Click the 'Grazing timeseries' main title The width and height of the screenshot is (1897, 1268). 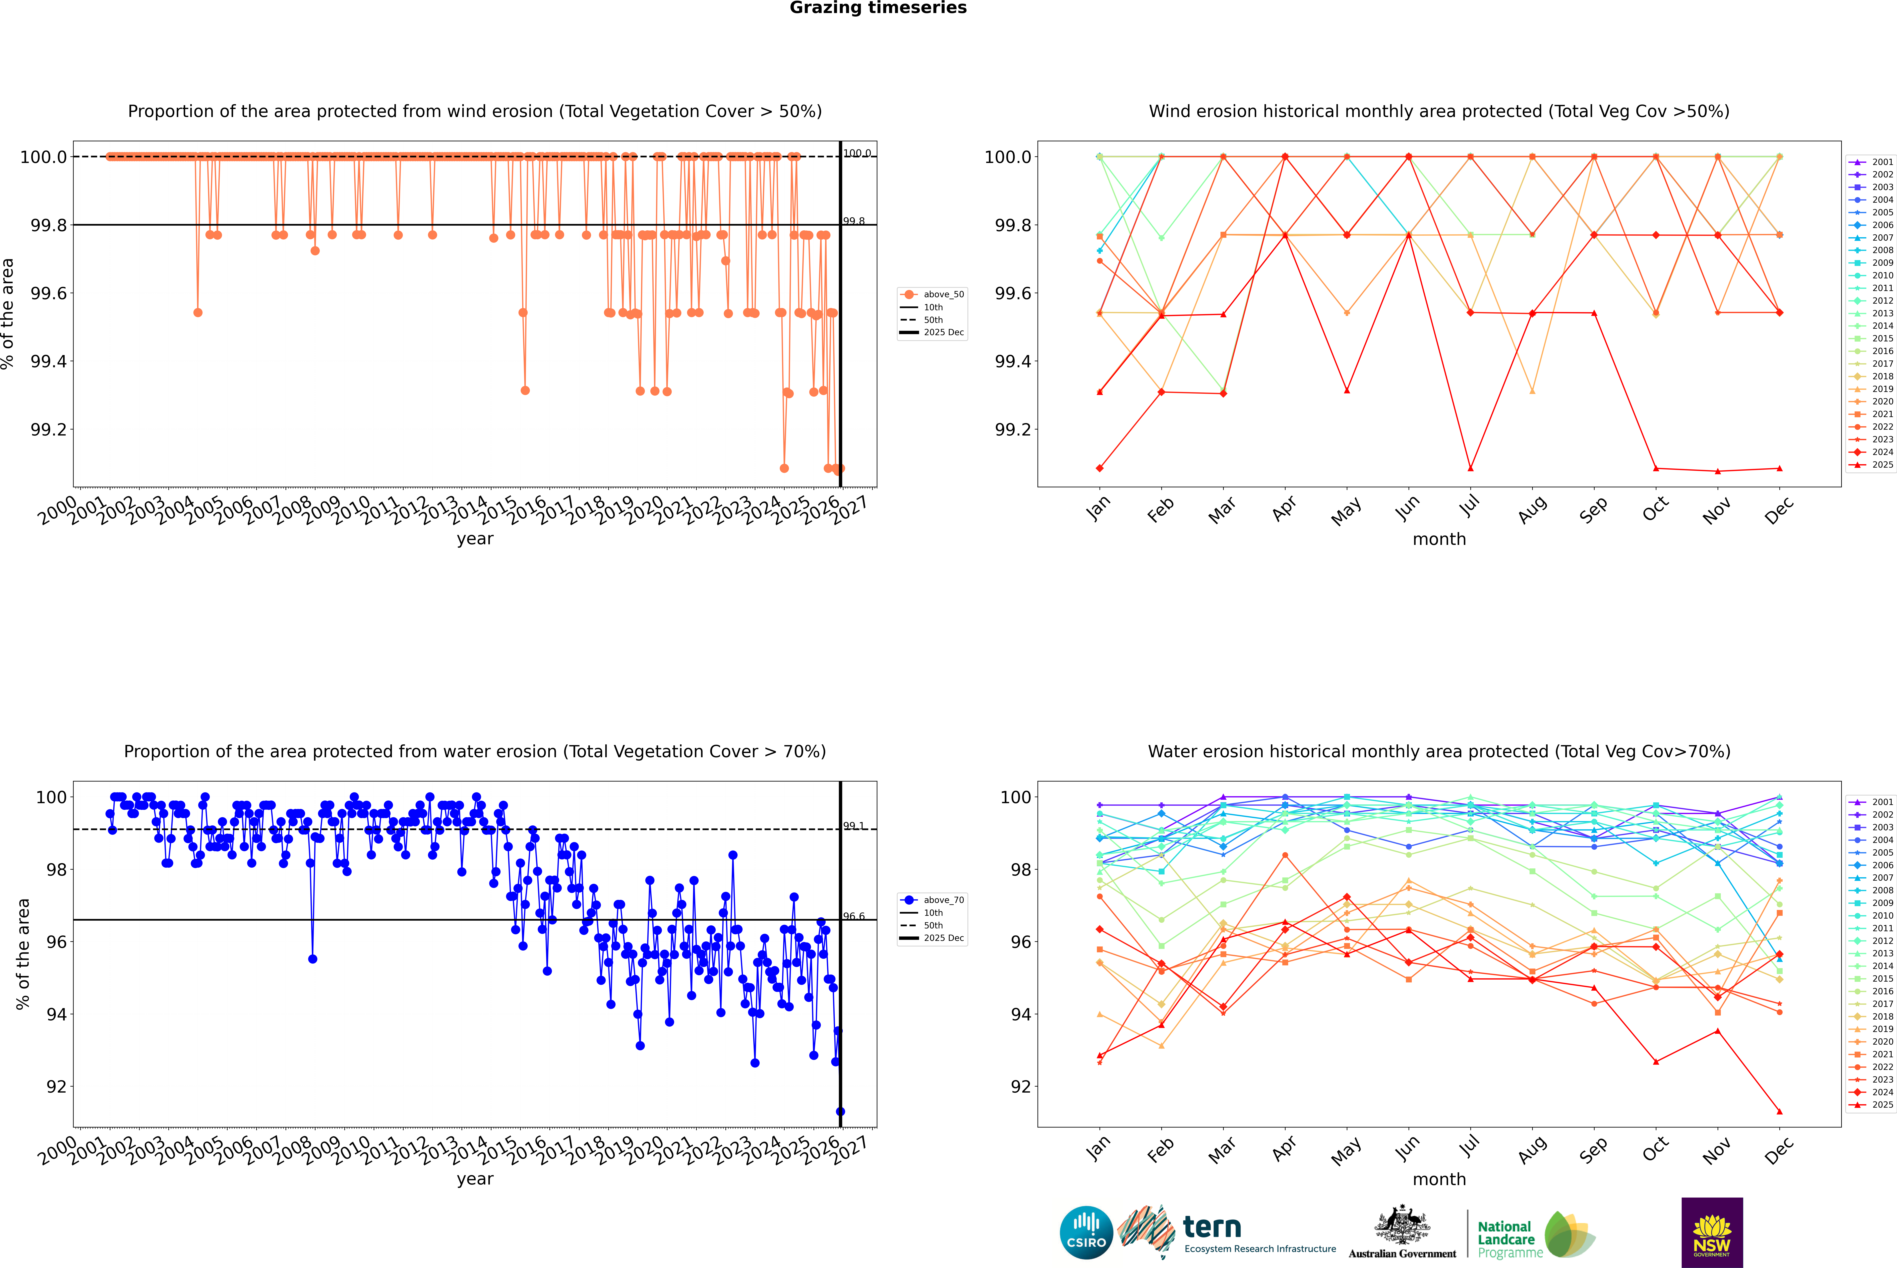tap(878, 8)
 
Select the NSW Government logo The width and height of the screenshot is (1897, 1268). tap(1712, 1232)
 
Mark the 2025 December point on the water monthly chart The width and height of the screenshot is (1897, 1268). tap(1779, 1111)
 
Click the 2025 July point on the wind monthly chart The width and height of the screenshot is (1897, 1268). tap(1470, 468)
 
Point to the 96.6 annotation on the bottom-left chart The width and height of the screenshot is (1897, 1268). tap(854, 916)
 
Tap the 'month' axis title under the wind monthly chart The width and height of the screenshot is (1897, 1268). tap(1438, 539)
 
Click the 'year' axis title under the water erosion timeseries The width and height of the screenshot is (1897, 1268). tap(475, 1179)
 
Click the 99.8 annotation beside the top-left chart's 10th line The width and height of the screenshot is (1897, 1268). tap(854, 221)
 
